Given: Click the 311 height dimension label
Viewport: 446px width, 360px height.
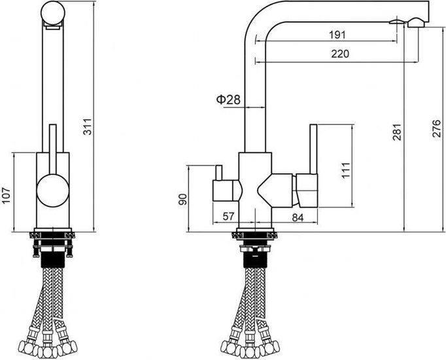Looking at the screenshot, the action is coord(88,126).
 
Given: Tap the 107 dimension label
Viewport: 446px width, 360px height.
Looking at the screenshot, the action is coord(6,196).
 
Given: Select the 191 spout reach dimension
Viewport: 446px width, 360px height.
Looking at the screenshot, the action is coord(337,35).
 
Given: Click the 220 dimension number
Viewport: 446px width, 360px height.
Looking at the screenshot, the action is coord(340,54).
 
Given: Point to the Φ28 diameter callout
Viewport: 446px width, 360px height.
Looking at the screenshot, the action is coord(228,100).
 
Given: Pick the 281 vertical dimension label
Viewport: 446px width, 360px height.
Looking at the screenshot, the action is coord(397,132).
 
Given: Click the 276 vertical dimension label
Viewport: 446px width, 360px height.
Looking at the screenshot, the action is coord(436,129).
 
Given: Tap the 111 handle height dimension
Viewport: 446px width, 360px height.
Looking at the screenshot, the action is coord(345,170).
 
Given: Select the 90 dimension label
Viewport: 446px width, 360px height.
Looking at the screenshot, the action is coord(183,199).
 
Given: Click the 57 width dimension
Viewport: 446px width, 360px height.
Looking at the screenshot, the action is coord(228,217).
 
